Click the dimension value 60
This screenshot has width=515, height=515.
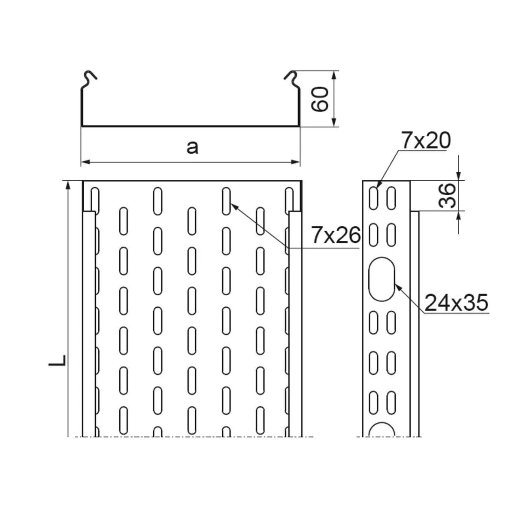click(320, 99)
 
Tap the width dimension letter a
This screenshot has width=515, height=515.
click(192, 147)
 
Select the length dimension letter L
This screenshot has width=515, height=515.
click(57, 360)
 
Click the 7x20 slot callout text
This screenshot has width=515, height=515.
click(426, 141)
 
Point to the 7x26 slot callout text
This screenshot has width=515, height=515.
click(336, 235)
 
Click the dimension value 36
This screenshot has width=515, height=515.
click(447, 195)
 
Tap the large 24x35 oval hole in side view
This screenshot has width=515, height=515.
click(382, 279)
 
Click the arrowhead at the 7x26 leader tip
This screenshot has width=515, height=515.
click(233, 206)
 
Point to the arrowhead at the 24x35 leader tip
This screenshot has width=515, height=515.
click(398, 287)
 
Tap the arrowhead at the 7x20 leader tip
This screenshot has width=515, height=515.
click(379, 184)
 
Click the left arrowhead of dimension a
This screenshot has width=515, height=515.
click(85, 162)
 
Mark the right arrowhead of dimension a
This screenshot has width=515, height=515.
click(295, 162)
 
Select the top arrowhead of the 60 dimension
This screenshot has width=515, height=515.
click(333, 76)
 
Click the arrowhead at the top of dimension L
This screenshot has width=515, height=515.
click(68, 185)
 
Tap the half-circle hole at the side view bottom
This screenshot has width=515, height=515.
click(382, 430)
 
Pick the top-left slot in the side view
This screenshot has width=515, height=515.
click(374, 198)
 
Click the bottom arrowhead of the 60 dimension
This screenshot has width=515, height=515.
click(333, 122)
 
